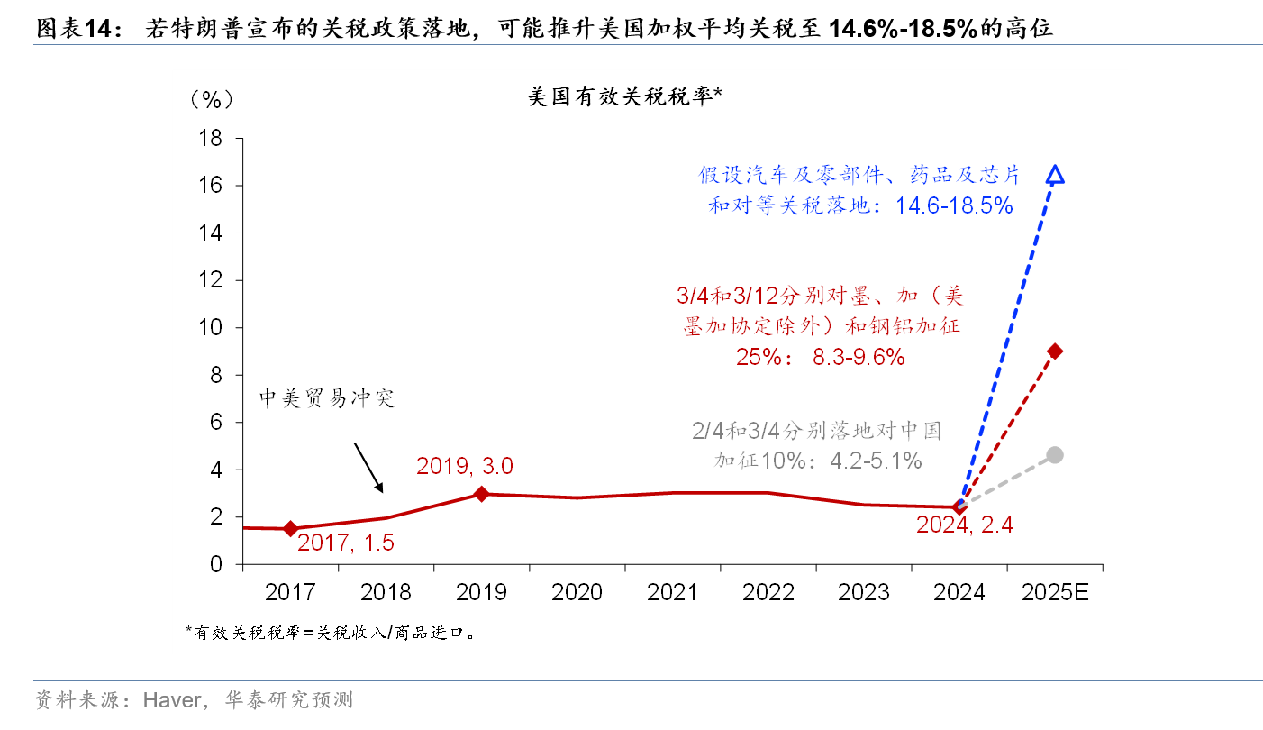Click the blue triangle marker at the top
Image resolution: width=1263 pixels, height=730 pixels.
(1056, 175)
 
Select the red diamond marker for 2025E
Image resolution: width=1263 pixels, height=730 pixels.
(1055, 351)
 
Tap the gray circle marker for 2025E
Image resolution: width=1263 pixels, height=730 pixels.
(1055, 455)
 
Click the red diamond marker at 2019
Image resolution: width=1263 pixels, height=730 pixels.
(481, 494)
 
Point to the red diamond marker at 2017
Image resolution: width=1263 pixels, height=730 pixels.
(290, 529)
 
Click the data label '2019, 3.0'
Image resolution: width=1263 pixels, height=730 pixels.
(464, 466)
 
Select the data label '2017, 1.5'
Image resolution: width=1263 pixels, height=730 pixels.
(346, 543)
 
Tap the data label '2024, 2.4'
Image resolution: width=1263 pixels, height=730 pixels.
(965, 525)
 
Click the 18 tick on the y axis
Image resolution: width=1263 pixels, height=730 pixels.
(210, 139)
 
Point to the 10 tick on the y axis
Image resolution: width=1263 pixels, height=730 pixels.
(210, 328)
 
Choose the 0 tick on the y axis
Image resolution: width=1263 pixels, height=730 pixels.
(216, 565)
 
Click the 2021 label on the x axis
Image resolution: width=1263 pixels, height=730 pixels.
(672, 592)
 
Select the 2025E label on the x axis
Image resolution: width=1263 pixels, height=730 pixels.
(1055, 592)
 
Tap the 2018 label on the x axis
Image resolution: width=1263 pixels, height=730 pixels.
(386, 592)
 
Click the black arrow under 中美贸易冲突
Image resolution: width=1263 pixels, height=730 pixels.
(369, 468)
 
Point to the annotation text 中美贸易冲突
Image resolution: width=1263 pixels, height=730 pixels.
(327, 398)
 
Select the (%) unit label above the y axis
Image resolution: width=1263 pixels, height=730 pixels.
(211, 99)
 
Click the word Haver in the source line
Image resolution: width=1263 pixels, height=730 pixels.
(172, 700)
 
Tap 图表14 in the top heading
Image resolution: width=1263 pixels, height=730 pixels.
(77, 29)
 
